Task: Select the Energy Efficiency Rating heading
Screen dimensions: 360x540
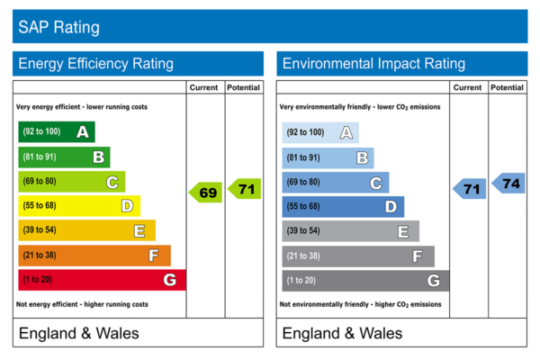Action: click(x=95, y=64)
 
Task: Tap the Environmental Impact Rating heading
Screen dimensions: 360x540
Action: click(x=373, y=64)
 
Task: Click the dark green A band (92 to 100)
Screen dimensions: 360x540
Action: click(x=56, y=132)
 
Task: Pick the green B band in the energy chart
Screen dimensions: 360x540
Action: click(x=64, y=157)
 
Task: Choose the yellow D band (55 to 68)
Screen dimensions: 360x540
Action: click(x=79, y=206)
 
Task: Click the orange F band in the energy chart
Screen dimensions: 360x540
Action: click(x=94, y=256)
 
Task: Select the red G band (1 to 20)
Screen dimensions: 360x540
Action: click(x=102, y=280)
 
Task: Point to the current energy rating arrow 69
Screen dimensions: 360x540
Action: click(x=205, y=193)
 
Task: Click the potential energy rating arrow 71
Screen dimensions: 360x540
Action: click(x=245, y=189)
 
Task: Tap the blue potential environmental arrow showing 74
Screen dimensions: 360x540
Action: click(x=508, y=183)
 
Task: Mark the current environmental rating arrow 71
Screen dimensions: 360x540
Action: click(x=469, y=189)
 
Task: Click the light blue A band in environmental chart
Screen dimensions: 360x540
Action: click(x=319, y=133)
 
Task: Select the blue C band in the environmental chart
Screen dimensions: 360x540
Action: click(x=335, y=183)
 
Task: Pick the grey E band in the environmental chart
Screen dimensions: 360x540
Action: click(x=350, y=231)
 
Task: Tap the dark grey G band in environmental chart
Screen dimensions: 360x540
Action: click(x=364, y=281)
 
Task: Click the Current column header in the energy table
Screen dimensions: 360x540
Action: click(x=205, y=88)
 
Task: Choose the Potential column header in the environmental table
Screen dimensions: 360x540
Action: click(x=508, y=88)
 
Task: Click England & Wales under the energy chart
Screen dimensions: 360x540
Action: click(x=79, y=334)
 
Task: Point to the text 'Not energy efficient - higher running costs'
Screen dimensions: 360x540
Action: click(x=83, y=304)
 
